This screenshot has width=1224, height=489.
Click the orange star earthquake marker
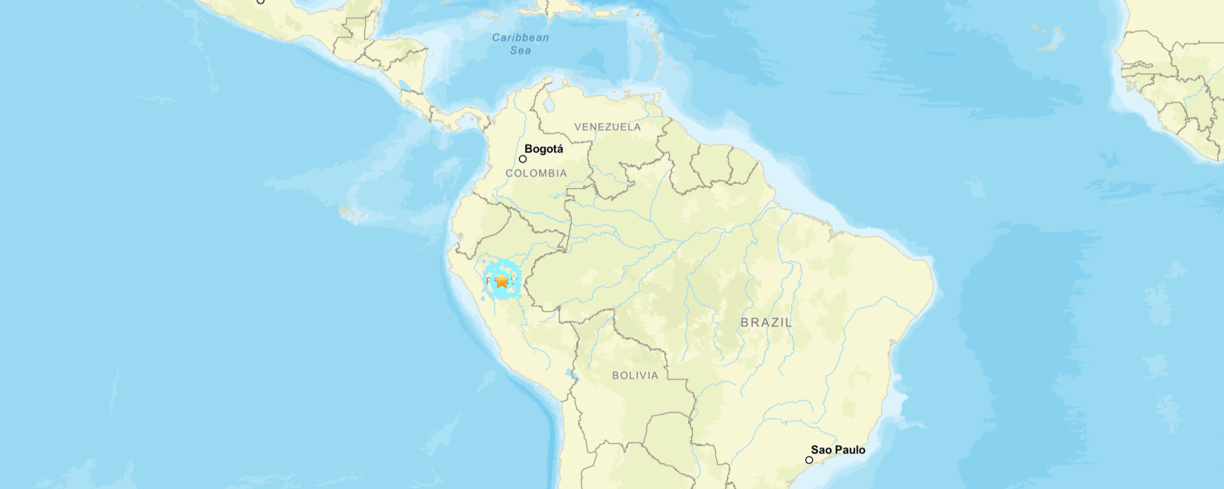(502, 281)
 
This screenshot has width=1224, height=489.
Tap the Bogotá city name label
(544, 149)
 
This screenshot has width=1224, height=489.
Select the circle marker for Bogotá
(523, 159)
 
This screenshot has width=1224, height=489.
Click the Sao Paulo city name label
(838, 450)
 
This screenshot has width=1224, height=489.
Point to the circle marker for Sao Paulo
(809, 460)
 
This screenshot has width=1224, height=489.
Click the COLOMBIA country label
(536, 173)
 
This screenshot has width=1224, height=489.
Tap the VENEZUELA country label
(608, 127)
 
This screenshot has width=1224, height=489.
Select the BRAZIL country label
(766, 322)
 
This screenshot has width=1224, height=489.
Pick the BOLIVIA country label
(635, 376)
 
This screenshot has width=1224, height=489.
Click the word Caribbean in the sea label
(520, 38)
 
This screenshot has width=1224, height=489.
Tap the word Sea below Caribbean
(520, 51)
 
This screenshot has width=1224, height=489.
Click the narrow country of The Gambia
(1138, 65)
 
